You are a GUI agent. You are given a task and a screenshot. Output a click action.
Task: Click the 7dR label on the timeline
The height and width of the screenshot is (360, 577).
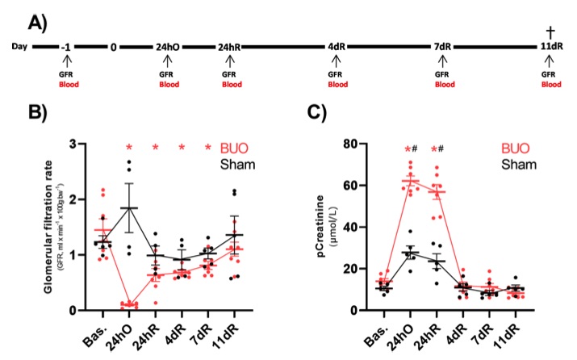(x=441, y=47)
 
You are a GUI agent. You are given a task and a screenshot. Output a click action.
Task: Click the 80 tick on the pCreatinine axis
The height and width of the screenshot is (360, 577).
(x=351, y=144)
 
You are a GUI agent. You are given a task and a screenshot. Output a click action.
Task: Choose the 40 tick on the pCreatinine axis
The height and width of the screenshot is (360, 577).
(x=351, y=228)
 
